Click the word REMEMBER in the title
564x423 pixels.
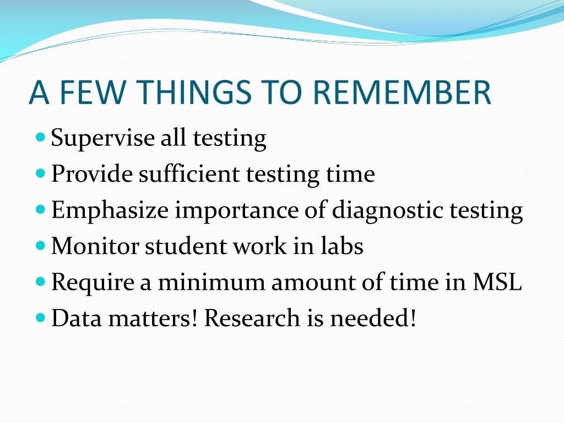click(402, 92)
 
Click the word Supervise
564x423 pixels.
click(102, 138)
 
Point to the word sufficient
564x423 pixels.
click(189, 173)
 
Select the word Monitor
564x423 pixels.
click(95, 246)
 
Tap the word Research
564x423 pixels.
click(252, 318)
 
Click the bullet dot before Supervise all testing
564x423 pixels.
click(41, 137)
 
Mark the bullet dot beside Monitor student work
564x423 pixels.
click(41, 246)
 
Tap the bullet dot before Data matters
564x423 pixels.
click(41, 318)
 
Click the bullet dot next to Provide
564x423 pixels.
click(41, 173)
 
